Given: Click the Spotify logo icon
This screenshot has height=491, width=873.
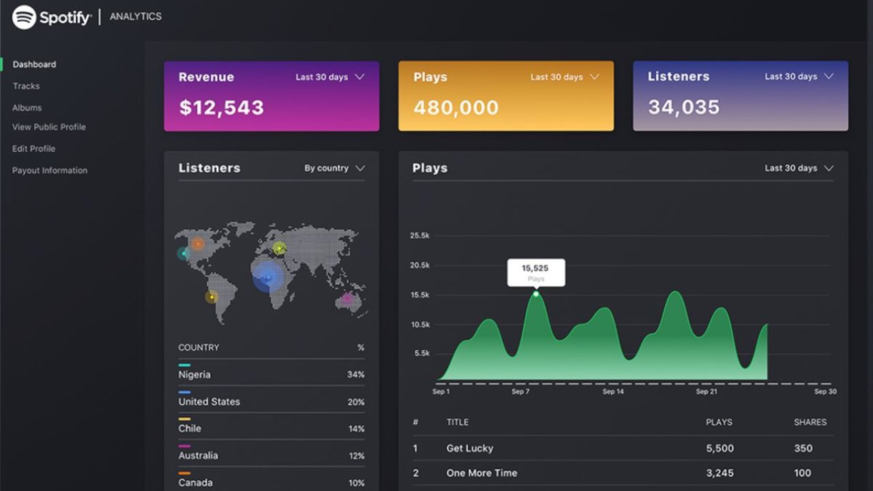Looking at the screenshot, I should point(24,17).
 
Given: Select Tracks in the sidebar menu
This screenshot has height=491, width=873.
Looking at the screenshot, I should point(26,86).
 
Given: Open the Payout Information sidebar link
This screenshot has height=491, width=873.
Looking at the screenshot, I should point(50,170).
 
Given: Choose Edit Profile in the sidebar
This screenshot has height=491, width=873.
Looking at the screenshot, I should point(33,149).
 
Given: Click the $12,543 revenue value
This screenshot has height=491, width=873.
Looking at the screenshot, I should point(221,107).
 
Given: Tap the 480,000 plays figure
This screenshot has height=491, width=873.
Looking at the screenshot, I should point(456,107).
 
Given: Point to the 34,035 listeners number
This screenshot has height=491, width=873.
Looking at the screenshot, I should point(683,107).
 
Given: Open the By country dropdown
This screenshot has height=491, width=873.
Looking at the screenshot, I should point(334,168).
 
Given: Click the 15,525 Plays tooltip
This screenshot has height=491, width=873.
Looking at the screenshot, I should point(535,272).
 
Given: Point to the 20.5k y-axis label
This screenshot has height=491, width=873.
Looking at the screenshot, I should point(419,265).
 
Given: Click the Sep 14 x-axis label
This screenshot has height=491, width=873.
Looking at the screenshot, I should point(612,391).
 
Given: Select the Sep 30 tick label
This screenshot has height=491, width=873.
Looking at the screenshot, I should point(825,391).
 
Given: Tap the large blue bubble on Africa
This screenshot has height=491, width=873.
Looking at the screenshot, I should point(267,277).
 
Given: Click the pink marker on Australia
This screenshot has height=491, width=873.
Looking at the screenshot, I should point(347,298).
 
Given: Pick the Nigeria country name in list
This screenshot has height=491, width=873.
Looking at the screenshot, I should point(194,374).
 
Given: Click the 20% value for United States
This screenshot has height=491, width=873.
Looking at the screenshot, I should point(356,402).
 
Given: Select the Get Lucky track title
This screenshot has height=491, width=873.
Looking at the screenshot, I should point(469,448).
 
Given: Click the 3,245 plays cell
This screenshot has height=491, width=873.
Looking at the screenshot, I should point(720,473).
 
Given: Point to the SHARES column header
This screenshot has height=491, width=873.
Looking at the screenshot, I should point(810,422).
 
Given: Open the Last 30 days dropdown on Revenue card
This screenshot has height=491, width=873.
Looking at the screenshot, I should point(329,77).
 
